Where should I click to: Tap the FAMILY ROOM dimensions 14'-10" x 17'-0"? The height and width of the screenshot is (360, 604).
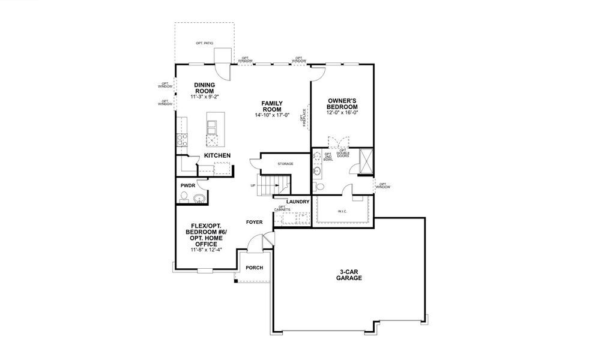[272, 115]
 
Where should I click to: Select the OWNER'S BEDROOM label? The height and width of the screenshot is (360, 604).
[343, 103]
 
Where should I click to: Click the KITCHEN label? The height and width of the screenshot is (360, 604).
[217, 155]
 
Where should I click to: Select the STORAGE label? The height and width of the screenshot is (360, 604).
[285, 163]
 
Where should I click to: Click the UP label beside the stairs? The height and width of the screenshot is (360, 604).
[253, 185]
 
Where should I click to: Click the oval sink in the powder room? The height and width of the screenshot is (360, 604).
[201, 198]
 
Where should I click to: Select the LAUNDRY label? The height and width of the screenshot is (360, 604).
[298, 202]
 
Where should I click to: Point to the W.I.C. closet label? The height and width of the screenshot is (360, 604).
[343, 211]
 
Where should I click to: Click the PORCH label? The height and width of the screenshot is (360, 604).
[255, 267]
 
